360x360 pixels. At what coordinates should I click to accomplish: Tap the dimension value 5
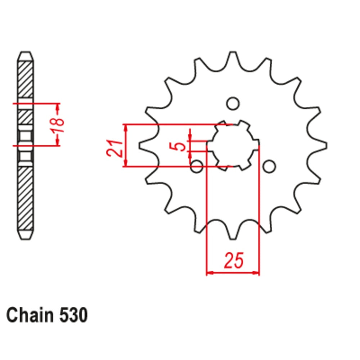(182, 145)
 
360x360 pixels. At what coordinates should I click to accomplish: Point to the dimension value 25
(233, 261)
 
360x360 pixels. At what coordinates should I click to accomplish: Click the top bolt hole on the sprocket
(233, 103)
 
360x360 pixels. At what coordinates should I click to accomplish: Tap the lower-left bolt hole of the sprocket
(197, 166)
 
